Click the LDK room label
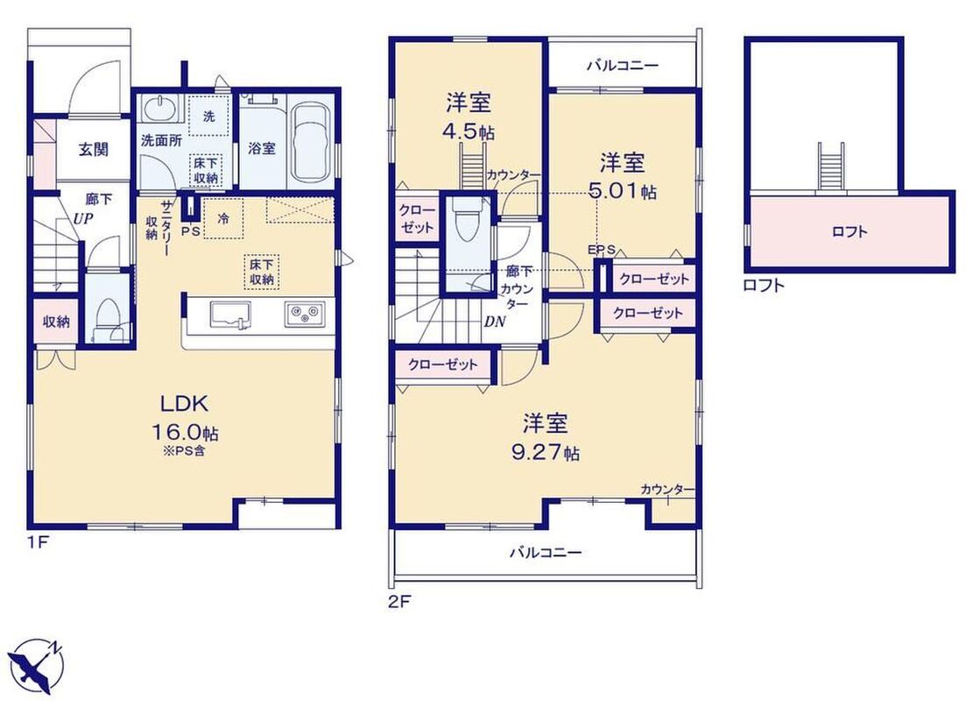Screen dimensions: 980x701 [x=185, y=404]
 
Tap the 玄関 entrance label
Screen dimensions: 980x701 [x=94, y=150]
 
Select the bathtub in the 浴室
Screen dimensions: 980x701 [x=311, y=141]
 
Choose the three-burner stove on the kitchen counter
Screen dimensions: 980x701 [x=305, y=314]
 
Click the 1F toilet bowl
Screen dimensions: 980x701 [x=108, y=319]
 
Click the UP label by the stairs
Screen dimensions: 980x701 [x=83, y=219]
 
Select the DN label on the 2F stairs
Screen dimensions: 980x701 [x=495, y=322]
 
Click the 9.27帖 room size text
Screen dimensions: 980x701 [x=546, y=452]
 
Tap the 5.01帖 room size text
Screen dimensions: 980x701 [x=623, y=191]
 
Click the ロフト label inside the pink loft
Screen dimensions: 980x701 [x=850, y=232]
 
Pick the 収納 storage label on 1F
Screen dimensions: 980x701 [x=56, y=322]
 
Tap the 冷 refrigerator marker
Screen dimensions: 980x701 [x=223, y=219]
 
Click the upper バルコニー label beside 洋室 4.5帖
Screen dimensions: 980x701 [x=623, y=66]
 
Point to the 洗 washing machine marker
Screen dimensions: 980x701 [x=208, y=117]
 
